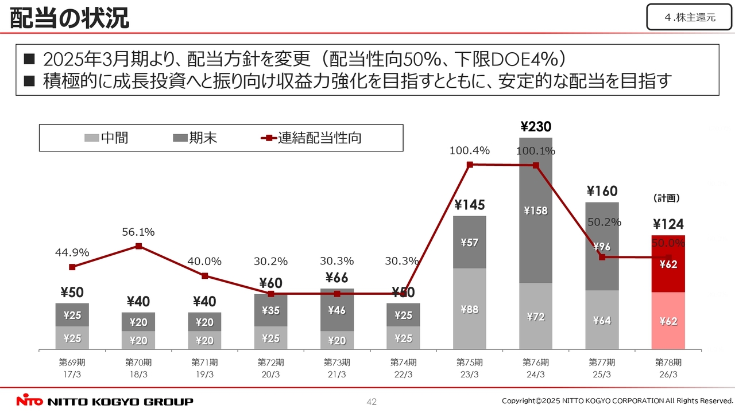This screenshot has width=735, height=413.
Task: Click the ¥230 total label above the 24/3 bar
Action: click(x=535, y=127)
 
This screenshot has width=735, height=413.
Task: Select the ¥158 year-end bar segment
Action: click(x=535, y=211)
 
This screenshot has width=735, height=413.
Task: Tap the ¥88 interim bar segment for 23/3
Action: click(x=469, y=309)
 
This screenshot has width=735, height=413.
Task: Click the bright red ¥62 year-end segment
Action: click(x=668, y=264)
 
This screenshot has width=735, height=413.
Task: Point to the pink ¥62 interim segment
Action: click(x=668, y=321)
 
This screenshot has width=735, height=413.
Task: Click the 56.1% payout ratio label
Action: click(x=138, y=232)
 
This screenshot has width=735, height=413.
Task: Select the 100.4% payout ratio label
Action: click(x=469, y=151)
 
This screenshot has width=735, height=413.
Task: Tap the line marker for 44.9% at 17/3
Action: click(x=72, y=267)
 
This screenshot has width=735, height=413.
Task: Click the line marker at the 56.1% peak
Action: click(x=138, y=246)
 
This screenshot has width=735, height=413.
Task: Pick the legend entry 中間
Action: click(x=107, y=138)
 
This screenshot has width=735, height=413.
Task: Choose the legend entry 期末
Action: click(x=196, y=138)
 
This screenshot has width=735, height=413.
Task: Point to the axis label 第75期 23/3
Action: click(x=469, y=368)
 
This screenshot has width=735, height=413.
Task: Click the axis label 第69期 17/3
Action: click(x=72, y=368)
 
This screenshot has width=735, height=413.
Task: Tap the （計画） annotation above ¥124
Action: click(x=667, y=198)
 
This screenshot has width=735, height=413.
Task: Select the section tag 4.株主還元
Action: click(x=690, y=17)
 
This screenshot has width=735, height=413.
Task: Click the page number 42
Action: click(x=372, y=402)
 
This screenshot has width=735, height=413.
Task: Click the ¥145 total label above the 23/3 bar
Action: click(x=469, y=205)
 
